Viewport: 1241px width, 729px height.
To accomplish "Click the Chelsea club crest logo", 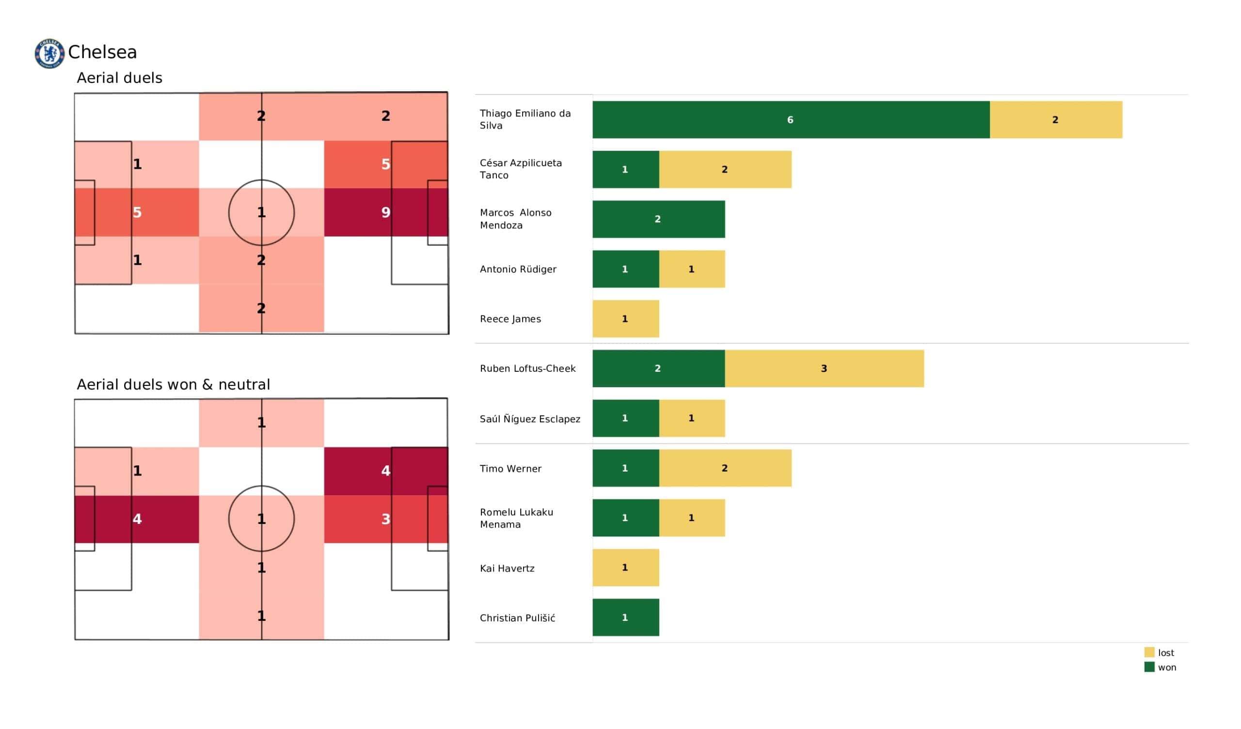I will coord(49,53).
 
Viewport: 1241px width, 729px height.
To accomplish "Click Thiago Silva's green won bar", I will coord(790,120).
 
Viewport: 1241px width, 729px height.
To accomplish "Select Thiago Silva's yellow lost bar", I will coord(1055,120).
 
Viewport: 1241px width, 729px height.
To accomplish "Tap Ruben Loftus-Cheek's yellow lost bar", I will coord(824,368).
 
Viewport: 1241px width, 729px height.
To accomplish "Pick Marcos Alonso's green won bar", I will coord(658,219).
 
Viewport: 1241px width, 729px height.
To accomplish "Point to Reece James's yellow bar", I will coord(625,318).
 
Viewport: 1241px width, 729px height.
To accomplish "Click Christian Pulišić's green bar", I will coord(625,618).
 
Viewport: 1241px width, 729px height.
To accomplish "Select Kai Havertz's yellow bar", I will coord(625,568).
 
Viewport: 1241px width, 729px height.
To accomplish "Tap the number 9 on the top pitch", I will coord(385,212).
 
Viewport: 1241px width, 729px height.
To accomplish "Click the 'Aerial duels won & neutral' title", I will coord(174,384).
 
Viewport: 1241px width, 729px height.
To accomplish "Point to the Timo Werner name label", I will coord(510,468).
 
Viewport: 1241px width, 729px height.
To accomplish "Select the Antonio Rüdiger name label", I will coord(518,269).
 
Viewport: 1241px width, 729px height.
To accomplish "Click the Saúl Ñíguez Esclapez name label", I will coord(530,419).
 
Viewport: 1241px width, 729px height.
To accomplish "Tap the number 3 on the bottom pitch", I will coord(385,519).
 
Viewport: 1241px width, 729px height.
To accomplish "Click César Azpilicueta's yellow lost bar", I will coord(725,170).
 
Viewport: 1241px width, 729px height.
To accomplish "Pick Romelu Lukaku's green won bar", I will coord(625,518).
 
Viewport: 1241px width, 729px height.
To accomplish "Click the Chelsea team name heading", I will coord(102,52).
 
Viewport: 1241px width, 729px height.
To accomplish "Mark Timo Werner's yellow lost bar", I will coord(725,468).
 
